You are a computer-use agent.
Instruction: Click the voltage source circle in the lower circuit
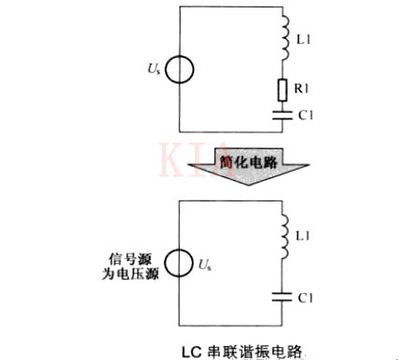tap(180, 264)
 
